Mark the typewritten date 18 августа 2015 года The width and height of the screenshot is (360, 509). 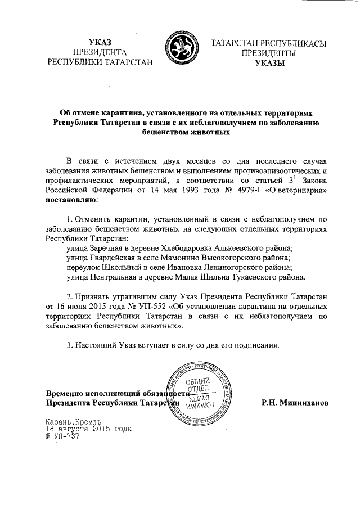point(88,428)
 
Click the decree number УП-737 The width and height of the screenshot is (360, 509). point(58,435)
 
